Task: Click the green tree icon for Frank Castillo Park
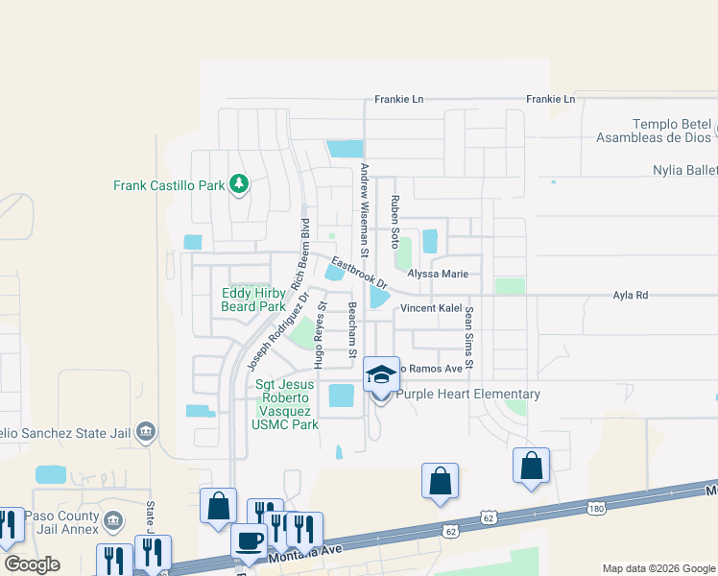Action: click(238, 184)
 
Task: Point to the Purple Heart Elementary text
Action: click(468, 394)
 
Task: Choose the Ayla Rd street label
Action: click(631, 296)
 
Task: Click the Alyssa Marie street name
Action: click(438, 274)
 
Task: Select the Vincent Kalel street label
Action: click(432, 308)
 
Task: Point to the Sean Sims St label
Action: click(469, 330)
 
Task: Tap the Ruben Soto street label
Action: click(394, 222)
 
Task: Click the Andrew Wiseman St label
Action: click(365, 209)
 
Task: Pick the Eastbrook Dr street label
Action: click(359, 273)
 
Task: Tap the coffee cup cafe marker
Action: click(251, 540)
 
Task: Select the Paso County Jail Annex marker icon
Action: click(112, 520)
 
